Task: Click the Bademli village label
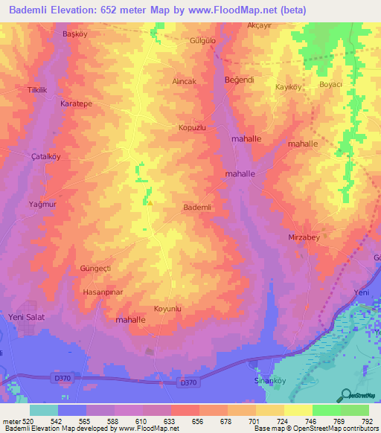[198, 208]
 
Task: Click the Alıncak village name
[185, 81]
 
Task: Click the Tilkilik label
[37, 90]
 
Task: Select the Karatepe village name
[76, 105]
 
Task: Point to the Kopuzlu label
[191, 128]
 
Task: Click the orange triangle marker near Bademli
[150, 202]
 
